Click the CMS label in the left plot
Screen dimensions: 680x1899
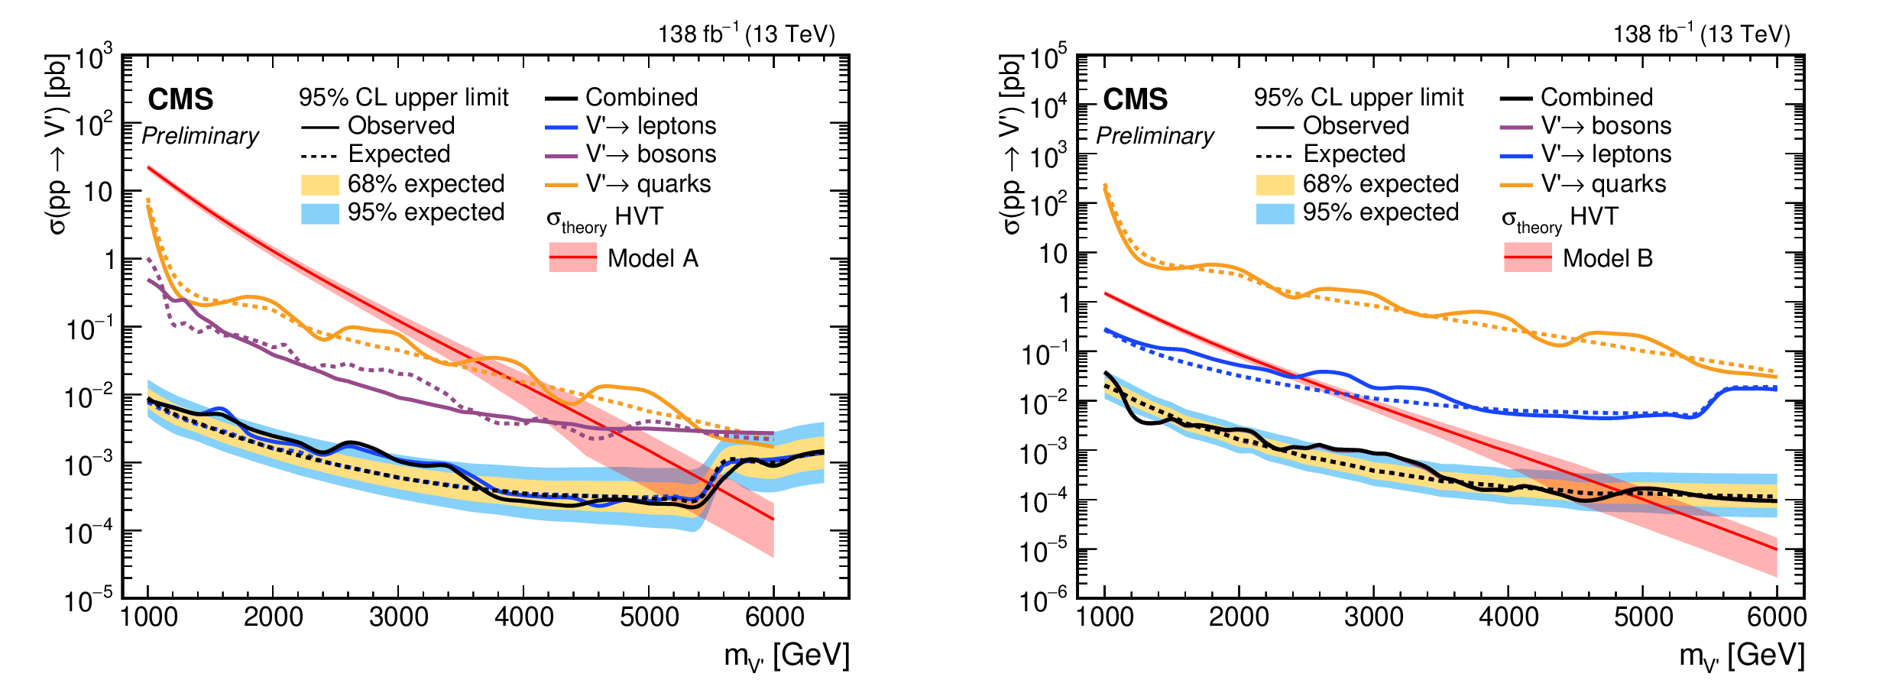coord(180,99)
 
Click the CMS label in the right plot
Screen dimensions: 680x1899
coord(1136,99)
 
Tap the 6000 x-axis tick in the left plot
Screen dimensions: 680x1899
coord(774,617)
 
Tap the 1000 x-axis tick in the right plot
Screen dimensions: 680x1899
coord(1104,617)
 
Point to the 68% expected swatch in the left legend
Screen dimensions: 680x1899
coord(319,184)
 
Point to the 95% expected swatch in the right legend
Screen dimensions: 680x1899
coord(1275,212)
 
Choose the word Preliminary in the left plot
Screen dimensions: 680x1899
coord(200,136)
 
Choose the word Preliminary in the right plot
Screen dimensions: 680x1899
coord(1155,136)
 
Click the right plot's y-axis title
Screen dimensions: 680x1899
coord(1010,145)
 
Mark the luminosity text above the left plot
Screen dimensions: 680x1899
coord(747,34)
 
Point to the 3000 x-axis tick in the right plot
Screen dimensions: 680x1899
coord(1373,617)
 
